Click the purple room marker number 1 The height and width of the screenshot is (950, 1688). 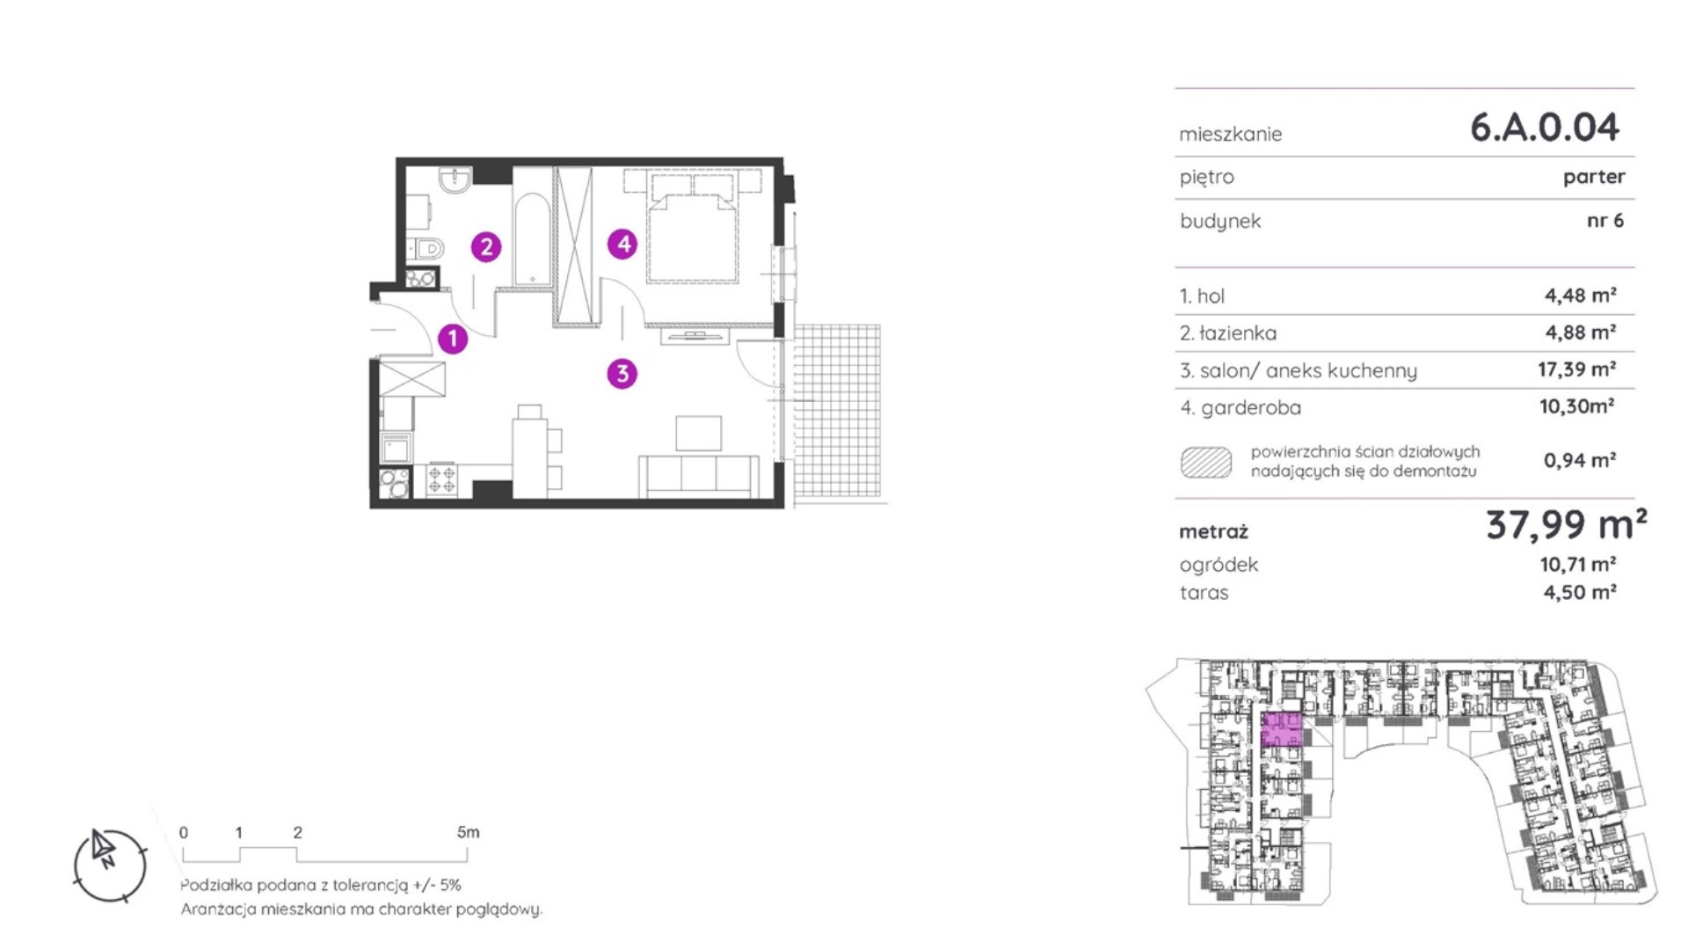(x=453, y=339)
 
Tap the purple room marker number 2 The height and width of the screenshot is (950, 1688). (x=486, y=247)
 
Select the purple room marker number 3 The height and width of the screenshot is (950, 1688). (x=622, y=374)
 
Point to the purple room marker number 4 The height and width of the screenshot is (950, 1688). (x=622, y=244)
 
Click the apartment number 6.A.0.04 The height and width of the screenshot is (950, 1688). (x=1545, y=128)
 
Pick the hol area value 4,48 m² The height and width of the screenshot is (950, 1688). (x=1581, y=296)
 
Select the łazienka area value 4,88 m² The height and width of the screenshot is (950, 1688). (x=1581, y=332)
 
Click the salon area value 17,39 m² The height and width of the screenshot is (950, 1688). (x=1577, y=369)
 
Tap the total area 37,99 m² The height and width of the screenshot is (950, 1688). (x=1567, y=525)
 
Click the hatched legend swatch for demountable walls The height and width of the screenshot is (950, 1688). (x=1206, y=463)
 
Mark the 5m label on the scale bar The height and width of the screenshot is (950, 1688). (x=469, y=832)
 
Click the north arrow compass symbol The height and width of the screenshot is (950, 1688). (x=109, y=866)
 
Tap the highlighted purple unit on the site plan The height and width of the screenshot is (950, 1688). (x=1281, y=730)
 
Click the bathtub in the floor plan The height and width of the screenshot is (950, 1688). (x=532, y=239)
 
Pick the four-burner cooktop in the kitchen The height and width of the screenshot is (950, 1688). (x=441, y=480)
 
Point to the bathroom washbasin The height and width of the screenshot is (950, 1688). (x=455, y=180)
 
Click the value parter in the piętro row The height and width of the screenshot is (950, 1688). (x=1594, y=178)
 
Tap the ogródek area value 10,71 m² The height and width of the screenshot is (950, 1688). (x=1578, y=564)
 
